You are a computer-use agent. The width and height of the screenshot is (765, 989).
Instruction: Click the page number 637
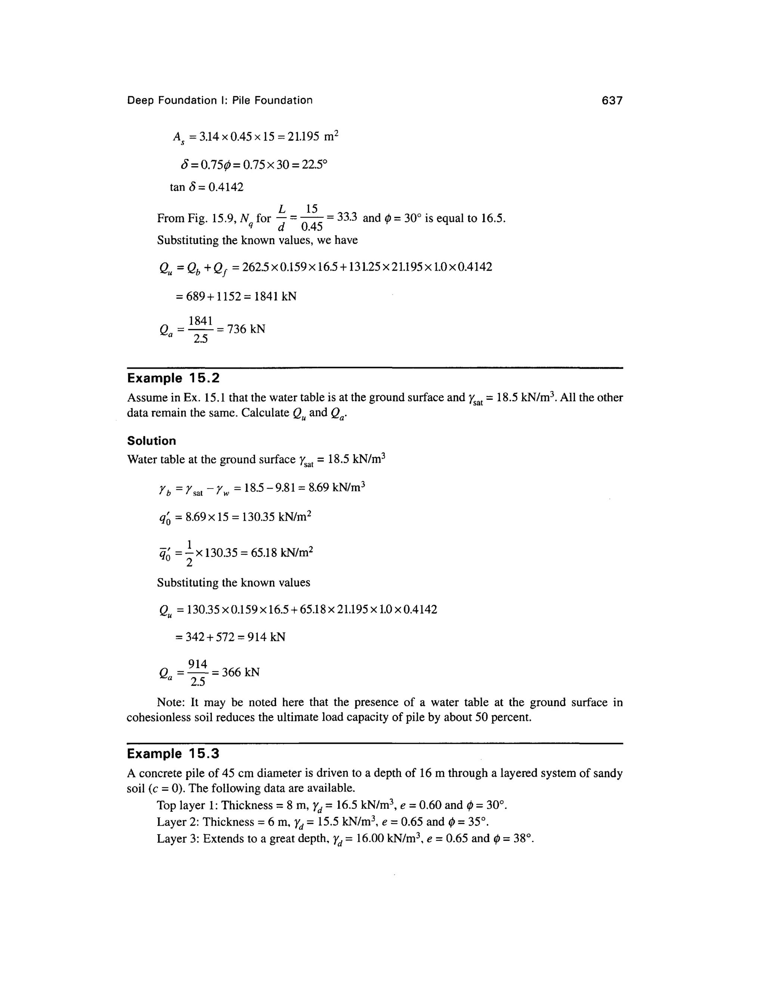(612, 100)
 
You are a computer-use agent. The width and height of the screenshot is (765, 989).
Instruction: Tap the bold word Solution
(151, 441)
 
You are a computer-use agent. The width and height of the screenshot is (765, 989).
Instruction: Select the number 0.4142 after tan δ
(226, 187)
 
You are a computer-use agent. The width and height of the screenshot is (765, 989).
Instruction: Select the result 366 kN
(240, 672)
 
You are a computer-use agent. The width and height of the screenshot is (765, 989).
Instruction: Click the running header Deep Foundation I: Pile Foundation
(219, 100)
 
